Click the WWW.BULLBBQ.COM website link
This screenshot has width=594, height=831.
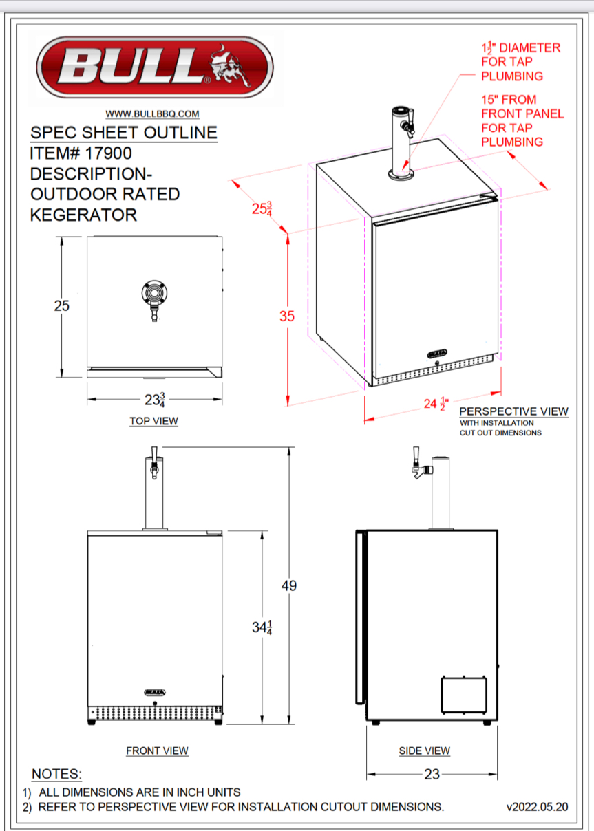(153, 114)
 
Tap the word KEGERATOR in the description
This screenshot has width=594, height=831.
(83, 215)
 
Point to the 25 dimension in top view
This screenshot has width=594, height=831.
(61, 306)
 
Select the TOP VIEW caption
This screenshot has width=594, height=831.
(153, 421)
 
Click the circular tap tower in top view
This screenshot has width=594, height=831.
(153, 293)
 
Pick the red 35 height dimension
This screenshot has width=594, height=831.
(286, 316)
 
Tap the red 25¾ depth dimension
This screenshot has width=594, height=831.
(262, 209)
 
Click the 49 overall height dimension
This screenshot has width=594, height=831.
(289, 586)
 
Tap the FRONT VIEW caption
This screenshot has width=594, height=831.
(157, 751)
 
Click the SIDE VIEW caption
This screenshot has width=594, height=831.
(424, 751)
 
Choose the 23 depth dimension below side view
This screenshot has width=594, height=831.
(432, 775)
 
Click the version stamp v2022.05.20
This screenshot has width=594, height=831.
(537, 807)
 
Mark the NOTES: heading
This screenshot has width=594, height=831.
(57, 775)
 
